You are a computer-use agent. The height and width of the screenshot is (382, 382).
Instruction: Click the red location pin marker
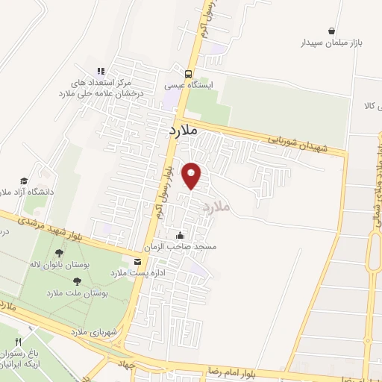click(x=192, y=175)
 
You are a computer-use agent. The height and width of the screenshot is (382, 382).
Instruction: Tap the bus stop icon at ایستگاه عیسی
click(x=189, y=73)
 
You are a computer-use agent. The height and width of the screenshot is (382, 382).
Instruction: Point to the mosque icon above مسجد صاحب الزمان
click(x=178, y=236)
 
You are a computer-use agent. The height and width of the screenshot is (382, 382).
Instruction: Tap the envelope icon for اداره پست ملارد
click(x=137, y=261)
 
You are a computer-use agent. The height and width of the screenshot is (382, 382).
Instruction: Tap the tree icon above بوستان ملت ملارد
click(x=77, y=281)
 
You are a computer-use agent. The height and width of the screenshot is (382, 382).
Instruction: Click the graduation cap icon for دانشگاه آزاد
click(x=24, y=181)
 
